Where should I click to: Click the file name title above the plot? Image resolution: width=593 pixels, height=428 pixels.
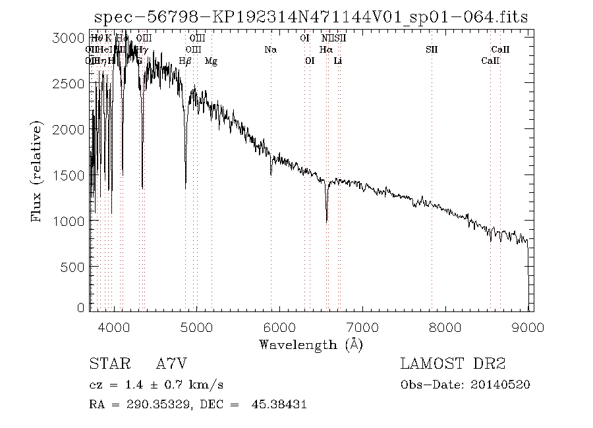tap(311, 16)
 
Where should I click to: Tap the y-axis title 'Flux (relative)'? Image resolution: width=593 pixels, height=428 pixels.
tap(38, 171)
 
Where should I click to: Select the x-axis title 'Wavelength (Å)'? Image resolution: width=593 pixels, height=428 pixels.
tap(311, 344)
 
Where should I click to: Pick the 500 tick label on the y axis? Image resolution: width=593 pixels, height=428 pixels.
tap(72, 267)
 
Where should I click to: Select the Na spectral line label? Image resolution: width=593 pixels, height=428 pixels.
tap(270, 49)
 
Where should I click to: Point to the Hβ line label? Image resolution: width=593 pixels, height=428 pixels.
tap(185, 61)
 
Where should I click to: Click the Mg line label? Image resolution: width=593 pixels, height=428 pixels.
tap(211, 61)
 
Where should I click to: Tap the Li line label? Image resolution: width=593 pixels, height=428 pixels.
tap(338, 61)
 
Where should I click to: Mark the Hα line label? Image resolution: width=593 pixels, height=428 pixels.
tap(325, 49)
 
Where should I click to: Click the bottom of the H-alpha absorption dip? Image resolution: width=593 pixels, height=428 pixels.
tap(327, 221)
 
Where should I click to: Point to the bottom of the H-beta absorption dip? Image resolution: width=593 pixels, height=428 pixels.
tap(185, 188)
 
